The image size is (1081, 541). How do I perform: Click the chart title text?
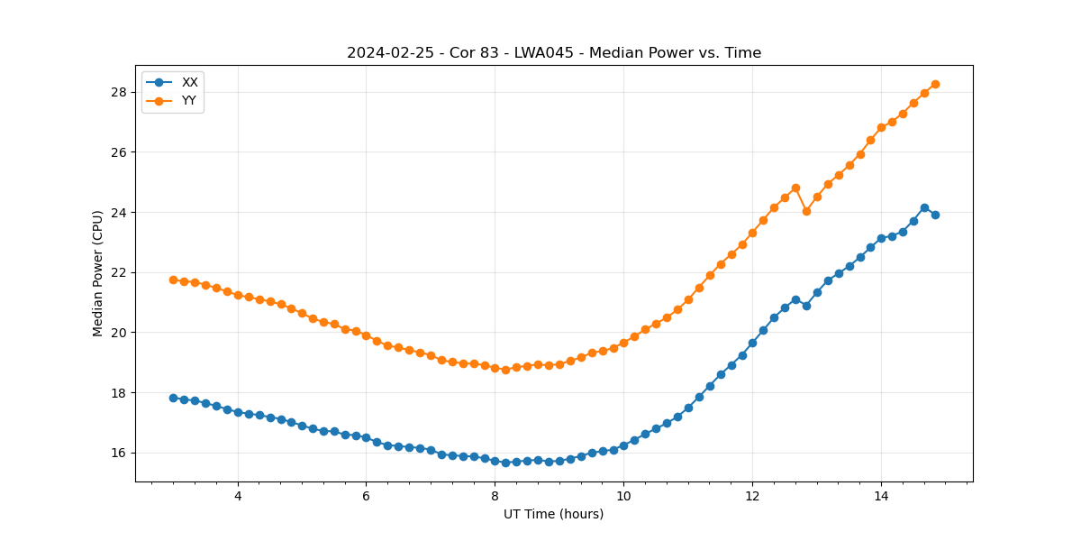[x=554, y=53]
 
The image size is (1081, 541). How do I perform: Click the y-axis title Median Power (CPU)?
[x=98, y=273]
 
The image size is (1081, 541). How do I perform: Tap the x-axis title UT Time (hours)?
[x=554, y=514]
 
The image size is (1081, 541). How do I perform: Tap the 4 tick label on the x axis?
[x=238, y=496]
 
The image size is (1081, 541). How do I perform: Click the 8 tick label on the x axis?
[x=495, y=496]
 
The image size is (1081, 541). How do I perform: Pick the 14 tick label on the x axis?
[x=880, y=496]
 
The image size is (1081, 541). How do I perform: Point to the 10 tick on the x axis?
[x=623, y=496]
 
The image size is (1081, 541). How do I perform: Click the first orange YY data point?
[x=173, y=280]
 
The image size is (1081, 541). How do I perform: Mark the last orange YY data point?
[x=935, y=84]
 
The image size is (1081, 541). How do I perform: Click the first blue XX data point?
[x=173, y=398]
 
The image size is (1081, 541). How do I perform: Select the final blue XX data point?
[x=935, y=215]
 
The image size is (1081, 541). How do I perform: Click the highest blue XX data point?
[x=924, y=207]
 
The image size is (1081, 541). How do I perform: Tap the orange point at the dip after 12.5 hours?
[x=806, y=211]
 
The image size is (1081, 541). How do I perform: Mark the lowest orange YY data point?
[x=505, y=370]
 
